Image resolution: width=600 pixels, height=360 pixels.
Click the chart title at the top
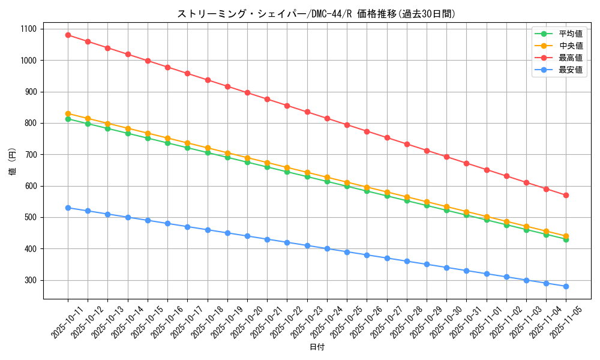coord(317,14)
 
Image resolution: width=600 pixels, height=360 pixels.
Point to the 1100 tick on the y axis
coord(28,29)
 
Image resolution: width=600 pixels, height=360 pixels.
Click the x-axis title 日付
coord(317,347)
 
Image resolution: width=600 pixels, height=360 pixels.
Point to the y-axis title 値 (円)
coord(13,162)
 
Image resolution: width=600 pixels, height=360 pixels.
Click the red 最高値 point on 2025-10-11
coord(68,35)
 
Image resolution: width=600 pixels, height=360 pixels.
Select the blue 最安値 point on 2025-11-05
coord(566,286)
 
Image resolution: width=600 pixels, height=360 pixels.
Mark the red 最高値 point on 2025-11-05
coord(566,195)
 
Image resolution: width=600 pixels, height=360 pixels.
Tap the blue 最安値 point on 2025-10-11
coord(68,208)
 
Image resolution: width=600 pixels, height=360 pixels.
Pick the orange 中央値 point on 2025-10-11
coord(68,113)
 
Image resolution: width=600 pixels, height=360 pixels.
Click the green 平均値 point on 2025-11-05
coord(566,239)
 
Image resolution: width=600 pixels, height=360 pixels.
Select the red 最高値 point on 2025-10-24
coord(327,118)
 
